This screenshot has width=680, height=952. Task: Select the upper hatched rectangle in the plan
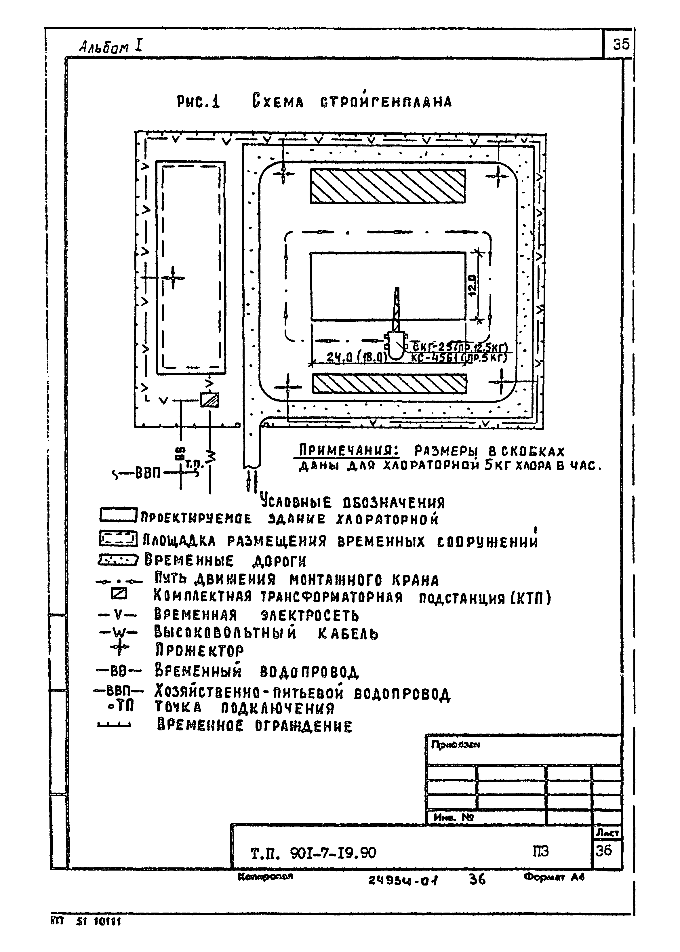pyautogui.click(x=387, y=186)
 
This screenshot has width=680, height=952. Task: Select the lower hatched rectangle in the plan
pyautogui.click(x=389, y=384)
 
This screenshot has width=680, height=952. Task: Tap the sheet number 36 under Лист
pyautogui.click(x=603, y=850)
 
